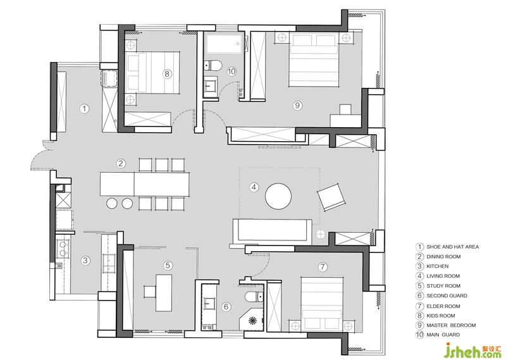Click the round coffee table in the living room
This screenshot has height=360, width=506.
(278, 196)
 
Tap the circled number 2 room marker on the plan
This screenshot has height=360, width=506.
(121, 163)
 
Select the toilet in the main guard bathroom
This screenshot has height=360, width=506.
(213, 66)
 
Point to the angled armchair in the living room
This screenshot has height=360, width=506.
(331, 197)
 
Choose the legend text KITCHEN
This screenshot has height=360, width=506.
(437, 266)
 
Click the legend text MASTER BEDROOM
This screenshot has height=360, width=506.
(451, 325)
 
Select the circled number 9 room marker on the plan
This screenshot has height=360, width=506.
(297, 105)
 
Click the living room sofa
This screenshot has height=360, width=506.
(273, 230)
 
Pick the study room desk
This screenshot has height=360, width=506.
(164, 293)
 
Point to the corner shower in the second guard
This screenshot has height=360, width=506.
(252, 320)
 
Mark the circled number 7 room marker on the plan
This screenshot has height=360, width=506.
(323, 267)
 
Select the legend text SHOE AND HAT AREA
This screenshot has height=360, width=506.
(452, 247)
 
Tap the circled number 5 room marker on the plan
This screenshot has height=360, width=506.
(168, 265)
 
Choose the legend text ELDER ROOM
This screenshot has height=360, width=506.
(443, 306)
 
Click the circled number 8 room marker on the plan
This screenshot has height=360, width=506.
(166, 74)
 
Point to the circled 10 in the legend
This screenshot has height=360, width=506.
(419, 335)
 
